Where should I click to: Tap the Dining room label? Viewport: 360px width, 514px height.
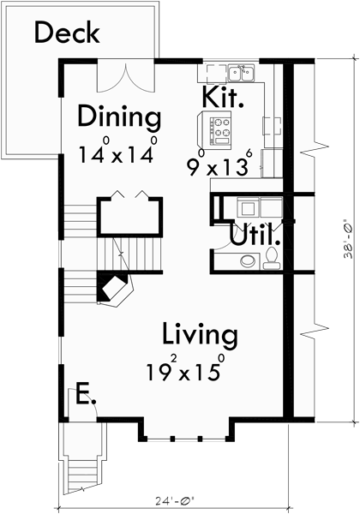click(119, 116)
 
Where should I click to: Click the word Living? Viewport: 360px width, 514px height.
click(200, 333)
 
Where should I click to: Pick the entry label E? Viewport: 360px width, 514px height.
click(84, 396)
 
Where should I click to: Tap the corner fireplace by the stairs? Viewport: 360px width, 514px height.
click(113, 288)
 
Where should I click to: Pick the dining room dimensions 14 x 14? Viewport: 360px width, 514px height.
click(119, 153)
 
